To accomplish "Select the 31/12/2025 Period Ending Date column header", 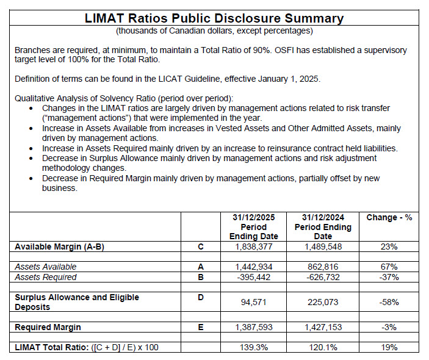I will (x=253, y=227).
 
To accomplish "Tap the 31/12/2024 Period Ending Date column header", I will (x=323, y=227).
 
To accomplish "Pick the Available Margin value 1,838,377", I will (x=254, y=247).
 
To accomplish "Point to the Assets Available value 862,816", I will (x=323, y=267).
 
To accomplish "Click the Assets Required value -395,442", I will (x=254, y=277).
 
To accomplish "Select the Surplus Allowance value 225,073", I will (x=323, y=301).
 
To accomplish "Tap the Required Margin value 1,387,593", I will (x=254, y=327).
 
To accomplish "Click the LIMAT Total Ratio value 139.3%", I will (x=254, y=347).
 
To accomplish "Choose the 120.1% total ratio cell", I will (x=323, y=347).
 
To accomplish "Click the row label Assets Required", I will (x=46, y=277).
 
